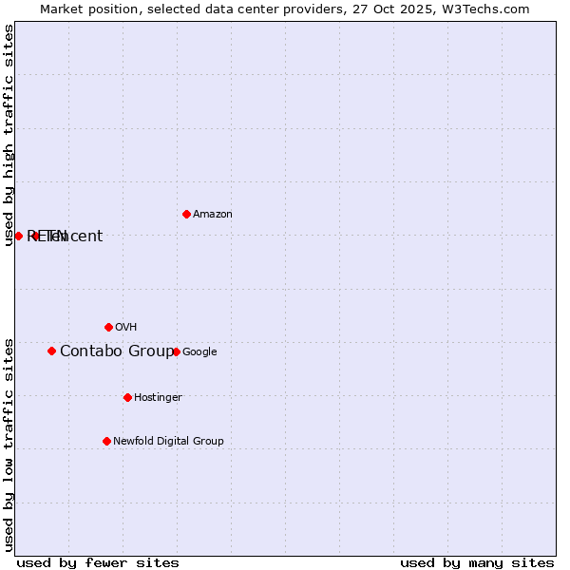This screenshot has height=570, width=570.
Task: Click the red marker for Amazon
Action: pyautogui.click(x=186, y=214)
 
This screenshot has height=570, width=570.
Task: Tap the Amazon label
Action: pyautogui.click(x=213, y=215)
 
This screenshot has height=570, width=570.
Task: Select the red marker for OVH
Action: pyautogui.click(x=108, y=327)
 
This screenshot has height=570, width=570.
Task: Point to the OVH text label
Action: pyautogui.click(x=126, y=328)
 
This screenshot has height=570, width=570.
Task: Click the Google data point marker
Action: pyautogui.click(x=176, y=351)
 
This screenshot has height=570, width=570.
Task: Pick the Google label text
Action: pyautogui.click(x=199, y=352)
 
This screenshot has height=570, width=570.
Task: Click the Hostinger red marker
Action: pyautogui.click(x=127, y=397)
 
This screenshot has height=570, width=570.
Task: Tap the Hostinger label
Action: pyautogui.click(x=158, y=397)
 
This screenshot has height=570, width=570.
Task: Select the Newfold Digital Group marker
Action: pyautogui.click(x=106, y=441)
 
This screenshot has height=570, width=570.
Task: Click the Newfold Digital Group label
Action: pyautogui.click(x=168, y=441)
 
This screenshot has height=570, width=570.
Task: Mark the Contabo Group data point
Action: pyautogui.click(x=51, y=351)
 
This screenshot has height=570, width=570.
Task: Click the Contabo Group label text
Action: pyautogui.click(x=117, y=351)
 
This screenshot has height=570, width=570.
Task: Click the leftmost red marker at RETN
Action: pyautogui.click(x=18, y=236)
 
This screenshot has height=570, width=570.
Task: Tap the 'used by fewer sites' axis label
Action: pyautogui.click(x=98, y=563)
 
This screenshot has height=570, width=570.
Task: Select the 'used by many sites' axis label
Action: pyautogui.click(x=477, y=563)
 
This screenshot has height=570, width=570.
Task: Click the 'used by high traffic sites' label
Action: pyautogui.click(x=9, y=135)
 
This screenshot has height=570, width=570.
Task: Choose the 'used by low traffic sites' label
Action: pyautogui.click(x=9, y=445)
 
